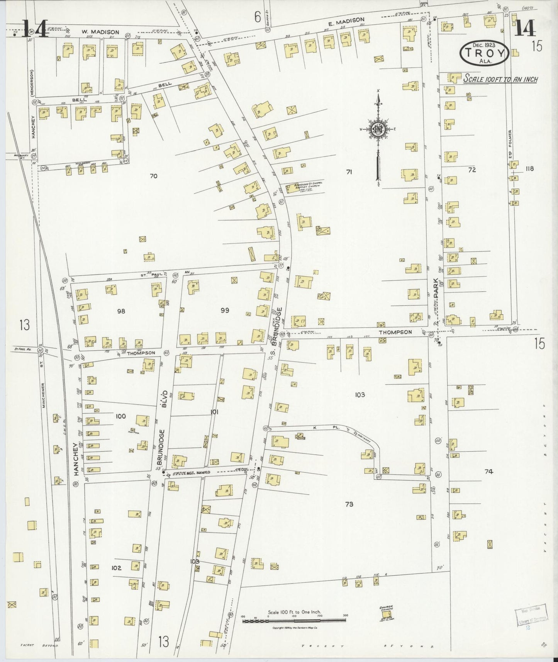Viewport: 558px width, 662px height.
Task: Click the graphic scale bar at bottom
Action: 294,621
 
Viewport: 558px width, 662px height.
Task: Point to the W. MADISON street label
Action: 95,32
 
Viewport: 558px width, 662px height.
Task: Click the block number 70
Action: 153,176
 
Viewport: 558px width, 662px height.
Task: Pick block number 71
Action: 349,172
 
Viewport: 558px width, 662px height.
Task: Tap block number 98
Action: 121,311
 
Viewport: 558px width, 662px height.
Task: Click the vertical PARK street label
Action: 436,287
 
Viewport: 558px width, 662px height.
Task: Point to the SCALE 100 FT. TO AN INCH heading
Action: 500,79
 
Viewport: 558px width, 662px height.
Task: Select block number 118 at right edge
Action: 529,168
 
